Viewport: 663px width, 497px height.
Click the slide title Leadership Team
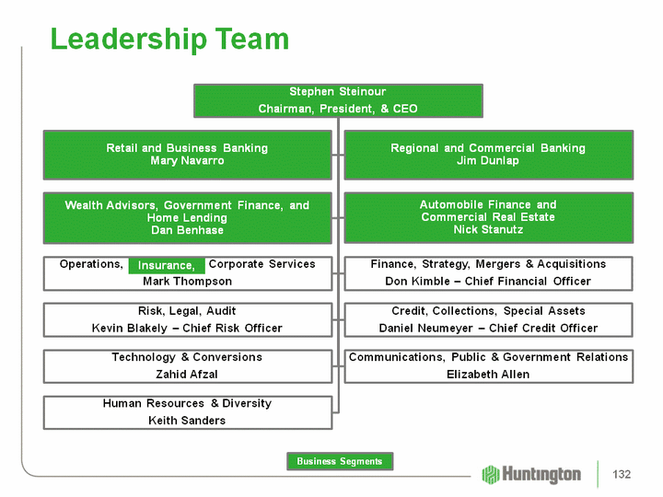point(169,40)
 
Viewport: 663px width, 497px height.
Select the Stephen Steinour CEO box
point(337,100)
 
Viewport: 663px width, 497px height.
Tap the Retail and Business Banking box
point(187,154)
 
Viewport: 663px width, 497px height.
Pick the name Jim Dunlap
point(487,161)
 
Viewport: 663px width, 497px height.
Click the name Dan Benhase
point(187,230)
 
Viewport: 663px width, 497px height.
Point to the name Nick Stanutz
point(487,230)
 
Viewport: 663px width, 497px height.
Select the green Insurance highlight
point(167,265)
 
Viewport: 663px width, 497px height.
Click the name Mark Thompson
point(187,281)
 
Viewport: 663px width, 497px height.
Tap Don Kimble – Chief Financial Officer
point(487,281)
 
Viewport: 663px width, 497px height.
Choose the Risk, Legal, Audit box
point(187,318)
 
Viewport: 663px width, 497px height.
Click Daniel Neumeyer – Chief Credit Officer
point(487,328)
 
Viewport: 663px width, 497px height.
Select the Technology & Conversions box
point(187,365)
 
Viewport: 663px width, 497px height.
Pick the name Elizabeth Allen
point(487,374)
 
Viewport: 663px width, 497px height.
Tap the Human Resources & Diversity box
point(187,411)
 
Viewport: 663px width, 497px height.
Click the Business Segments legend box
point(340,461)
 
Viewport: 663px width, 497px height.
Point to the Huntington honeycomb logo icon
point(491,474)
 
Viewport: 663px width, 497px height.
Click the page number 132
point(622,474)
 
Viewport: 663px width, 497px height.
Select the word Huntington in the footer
point(542,474)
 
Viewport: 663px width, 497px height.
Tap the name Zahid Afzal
point(187,374)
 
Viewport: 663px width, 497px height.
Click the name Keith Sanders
point(187,421)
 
